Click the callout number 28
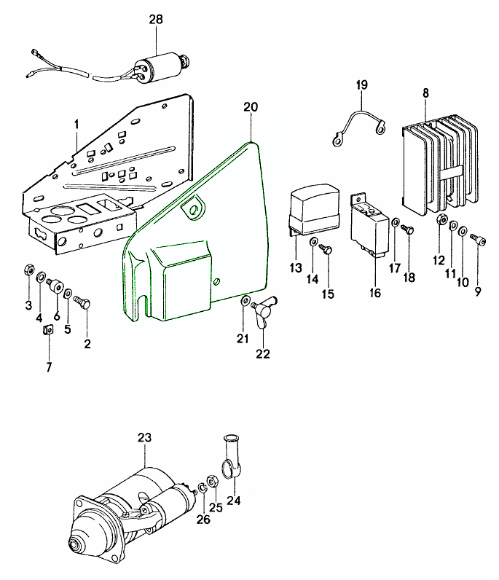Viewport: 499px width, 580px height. click(157, 20)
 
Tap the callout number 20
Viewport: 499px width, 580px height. click(251, 107)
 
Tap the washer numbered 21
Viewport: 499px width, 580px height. click(245, 300)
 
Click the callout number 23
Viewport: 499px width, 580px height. click(144, 438)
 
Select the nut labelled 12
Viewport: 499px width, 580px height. click(441, 221)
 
